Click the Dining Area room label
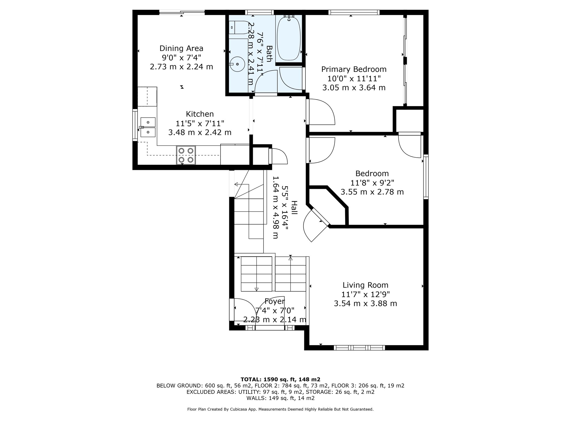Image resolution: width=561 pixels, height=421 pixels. coord(181,49)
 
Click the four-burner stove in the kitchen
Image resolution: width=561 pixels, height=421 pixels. coord(186,155)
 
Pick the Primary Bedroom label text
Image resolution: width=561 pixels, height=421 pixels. coord(354,69)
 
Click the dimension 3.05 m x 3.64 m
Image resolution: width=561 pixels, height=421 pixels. coord(354,88)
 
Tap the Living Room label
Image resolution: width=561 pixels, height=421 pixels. coord(365,285)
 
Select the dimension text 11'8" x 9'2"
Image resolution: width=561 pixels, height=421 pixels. coord(372,183)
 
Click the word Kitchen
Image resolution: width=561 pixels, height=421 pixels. coord(200,114)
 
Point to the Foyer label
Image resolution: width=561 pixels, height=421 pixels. coord(275,301)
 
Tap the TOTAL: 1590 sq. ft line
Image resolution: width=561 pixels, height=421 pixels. coord(280,379)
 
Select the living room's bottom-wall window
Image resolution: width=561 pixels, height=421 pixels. coord(359,348)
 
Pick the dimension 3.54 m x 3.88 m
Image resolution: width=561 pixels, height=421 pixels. coord(365,303)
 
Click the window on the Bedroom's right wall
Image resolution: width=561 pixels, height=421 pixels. coord(426,177)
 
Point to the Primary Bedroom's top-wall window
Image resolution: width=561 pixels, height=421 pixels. coord(354,12)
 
